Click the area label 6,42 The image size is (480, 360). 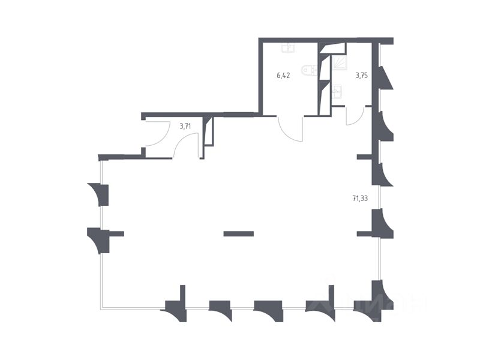(x=284, y=76)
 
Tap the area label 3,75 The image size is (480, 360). (x=362, y=76)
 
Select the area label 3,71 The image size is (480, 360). (x=185, y=126)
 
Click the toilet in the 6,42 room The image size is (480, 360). (x=310, y=70)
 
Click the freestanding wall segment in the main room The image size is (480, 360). (x=238, y=233)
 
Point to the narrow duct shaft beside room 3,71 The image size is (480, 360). (x=208, y=132)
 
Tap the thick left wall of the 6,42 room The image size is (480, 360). (x=260, y=76)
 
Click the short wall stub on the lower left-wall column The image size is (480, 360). (x=116, y=233)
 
